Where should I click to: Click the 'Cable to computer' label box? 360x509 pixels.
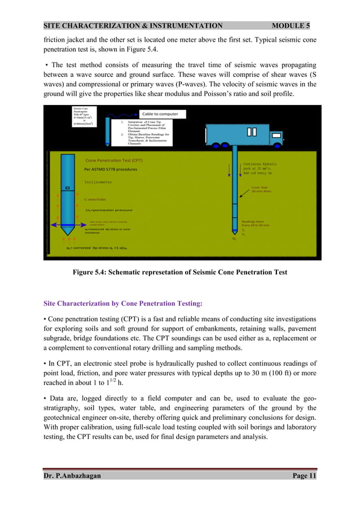click(x=160, y=114)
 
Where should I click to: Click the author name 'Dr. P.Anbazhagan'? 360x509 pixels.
click(x=73, y=476)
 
